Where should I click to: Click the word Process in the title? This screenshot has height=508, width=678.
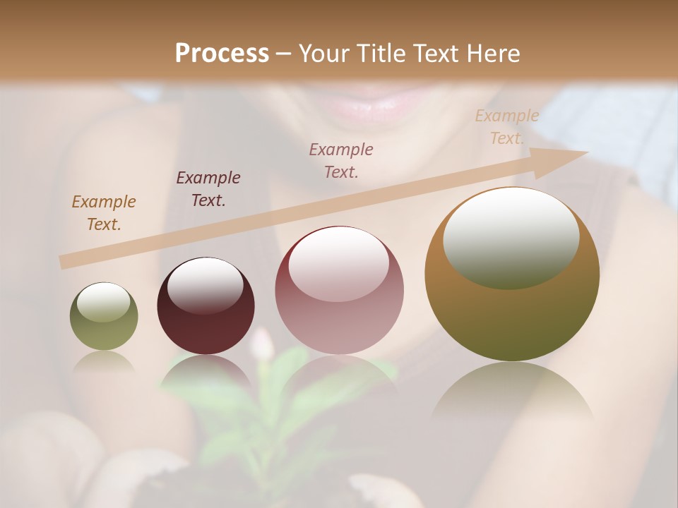pyautogui.click(x=222, y=53)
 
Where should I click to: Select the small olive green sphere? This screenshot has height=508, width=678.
pyautogui.click(x=104, y=316)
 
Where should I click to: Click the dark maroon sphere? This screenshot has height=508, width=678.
pyautogui.click(x=206, y=306)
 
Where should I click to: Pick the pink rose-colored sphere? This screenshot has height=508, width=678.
pyautogui.click(x=339, y=290)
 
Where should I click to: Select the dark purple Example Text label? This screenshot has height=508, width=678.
pyautogui.click(x=208, y=188)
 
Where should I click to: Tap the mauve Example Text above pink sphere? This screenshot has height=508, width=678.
pyautogui.click(x=341, y=160)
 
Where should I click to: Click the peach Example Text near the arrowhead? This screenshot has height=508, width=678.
pyautogui.click(x=507, y=127)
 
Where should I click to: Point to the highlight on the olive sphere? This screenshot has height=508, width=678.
pyautogui.click(x=103, y=302)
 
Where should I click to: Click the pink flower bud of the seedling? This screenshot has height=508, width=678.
pyautogui.click(x=263, y=345)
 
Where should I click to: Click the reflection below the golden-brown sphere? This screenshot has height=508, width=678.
pyautogui.click(x=512, y=395)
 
